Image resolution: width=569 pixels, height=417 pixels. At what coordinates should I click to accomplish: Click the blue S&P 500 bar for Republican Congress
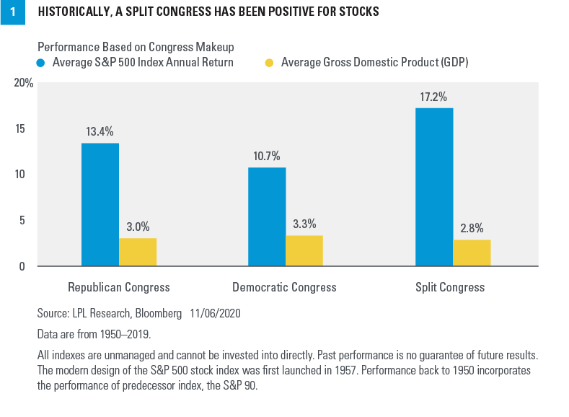pos(100,205)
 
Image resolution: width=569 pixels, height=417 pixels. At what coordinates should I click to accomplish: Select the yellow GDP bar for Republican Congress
pos(138,252)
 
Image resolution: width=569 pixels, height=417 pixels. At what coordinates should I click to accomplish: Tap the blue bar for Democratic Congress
pos(267,217)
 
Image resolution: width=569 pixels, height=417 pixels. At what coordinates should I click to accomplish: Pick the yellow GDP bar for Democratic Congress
pos(304,250)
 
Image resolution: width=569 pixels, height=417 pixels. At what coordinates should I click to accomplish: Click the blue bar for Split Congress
pos(434,187)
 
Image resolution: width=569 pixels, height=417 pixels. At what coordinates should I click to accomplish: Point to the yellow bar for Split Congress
pos(472,253)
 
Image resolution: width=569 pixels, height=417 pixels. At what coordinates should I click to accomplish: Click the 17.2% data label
pos(434,96)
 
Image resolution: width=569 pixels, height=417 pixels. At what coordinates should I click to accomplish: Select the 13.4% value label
pos(100,131)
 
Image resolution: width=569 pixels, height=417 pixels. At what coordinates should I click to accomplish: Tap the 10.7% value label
pos(267,156)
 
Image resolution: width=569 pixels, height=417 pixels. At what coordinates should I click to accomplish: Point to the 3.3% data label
pos(304,224)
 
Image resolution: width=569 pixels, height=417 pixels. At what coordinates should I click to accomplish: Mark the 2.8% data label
pos(472,228)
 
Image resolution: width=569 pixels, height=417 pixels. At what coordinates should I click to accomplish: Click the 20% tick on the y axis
pos(24,83)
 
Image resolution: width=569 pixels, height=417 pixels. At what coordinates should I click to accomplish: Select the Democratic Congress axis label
pos(284,287)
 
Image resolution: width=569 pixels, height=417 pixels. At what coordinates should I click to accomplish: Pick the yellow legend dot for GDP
pos(268,63)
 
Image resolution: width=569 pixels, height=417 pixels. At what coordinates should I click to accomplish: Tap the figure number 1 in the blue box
pos(12,12)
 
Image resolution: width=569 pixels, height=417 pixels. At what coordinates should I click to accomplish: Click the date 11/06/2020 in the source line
pos(215,314)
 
